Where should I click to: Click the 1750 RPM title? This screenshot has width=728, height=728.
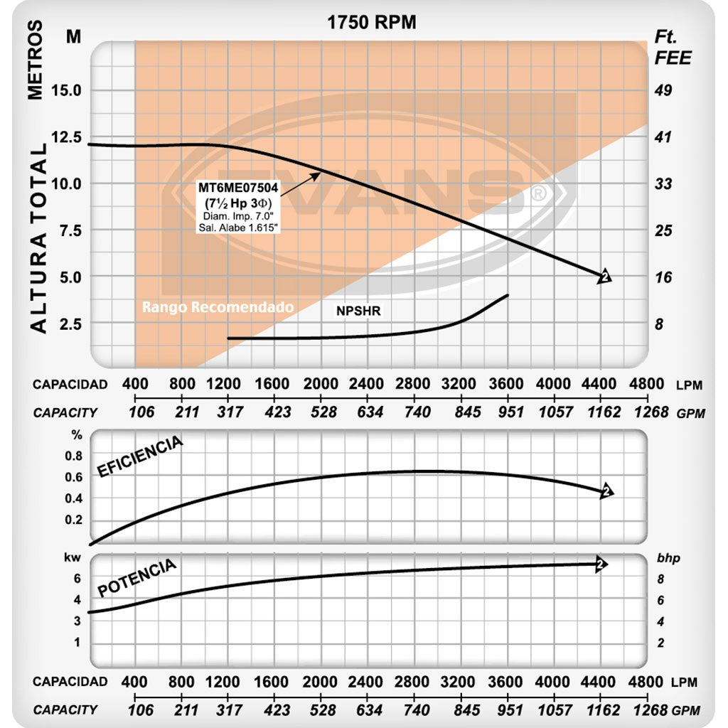[371, 22]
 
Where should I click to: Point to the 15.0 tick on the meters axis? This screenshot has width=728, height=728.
[65, 90]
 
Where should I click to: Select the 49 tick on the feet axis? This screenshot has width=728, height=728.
[663, 90]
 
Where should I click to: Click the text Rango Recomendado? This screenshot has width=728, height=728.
[218, 308]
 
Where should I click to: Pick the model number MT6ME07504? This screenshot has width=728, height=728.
[238, 189]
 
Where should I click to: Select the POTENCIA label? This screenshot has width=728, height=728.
[136, 578]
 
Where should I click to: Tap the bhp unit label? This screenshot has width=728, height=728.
[668, 558]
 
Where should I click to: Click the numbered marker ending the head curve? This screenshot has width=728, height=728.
[605, 277]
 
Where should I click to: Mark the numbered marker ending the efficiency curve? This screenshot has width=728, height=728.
[606, 491]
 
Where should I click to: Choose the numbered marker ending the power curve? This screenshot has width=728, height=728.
[601, 564]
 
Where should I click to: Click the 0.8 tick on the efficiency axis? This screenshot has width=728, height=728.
[74, 456]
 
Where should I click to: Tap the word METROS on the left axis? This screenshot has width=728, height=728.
[35, 60]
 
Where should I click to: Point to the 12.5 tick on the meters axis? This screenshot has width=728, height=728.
[65, 137]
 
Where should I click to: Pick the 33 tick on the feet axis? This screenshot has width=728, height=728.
[663, 183]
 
